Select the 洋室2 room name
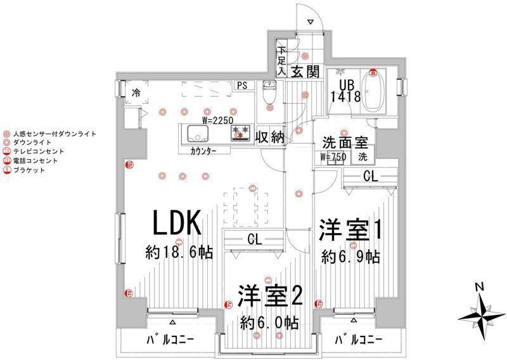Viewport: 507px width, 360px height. point(269,297)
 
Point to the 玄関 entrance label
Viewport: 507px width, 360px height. point(304,72)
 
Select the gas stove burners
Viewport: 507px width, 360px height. point(240,133)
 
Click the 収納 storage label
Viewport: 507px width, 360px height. point(269,137)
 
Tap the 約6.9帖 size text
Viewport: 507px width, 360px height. point(350,257)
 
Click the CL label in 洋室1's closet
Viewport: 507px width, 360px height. point(370,177)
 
